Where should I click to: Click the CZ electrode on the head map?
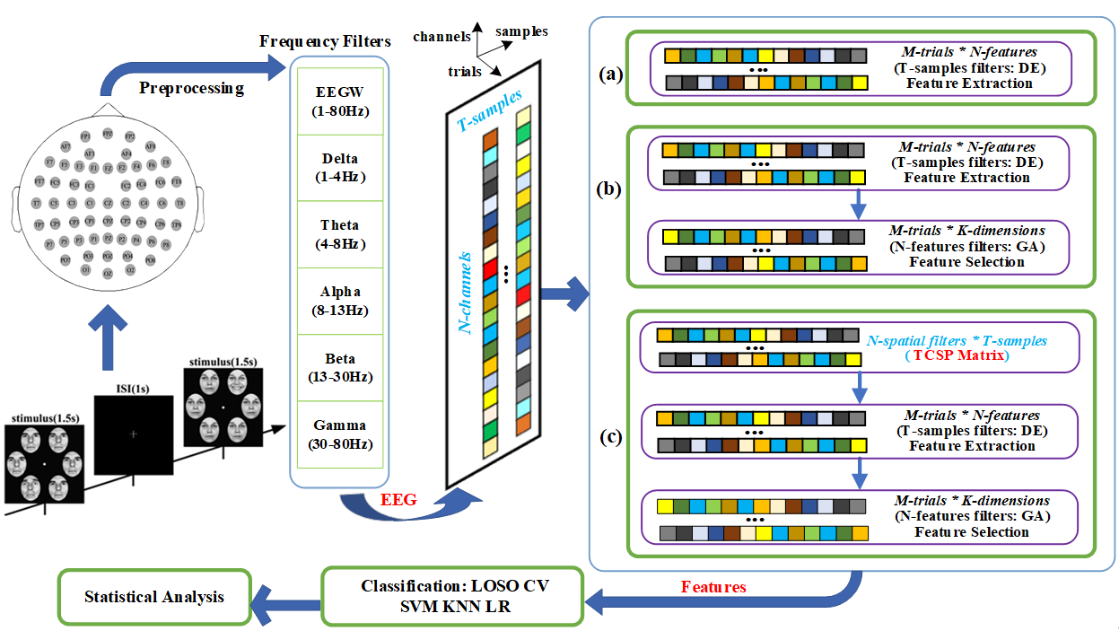107,203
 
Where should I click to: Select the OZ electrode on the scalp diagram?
107,272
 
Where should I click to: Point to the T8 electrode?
179,203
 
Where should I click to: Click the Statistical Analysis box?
154,596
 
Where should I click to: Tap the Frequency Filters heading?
325,41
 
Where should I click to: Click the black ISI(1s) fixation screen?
133,434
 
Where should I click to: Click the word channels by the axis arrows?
441,37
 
